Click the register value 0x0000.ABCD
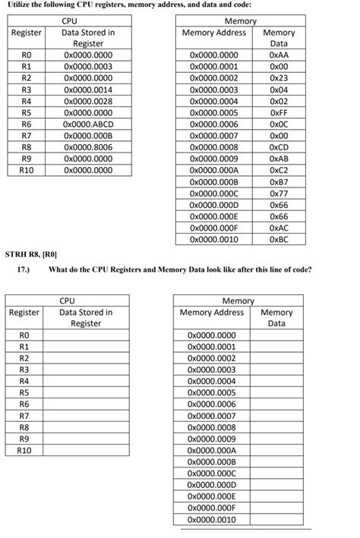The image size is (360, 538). [88, 124]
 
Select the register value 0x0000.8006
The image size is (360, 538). [88, 146]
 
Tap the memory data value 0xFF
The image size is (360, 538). [278, 112]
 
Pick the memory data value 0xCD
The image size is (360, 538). [279, 146]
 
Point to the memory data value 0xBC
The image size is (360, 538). [279, 239]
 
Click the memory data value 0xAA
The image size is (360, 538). [279, 55]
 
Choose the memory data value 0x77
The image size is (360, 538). [279, 193]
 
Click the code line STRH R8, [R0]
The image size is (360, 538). [31, 254]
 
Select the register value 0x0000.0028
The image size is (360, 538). [88, 101]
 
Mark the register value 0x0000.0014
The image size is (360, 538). [88, 90]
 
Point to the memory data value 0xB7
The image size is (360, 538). [279, 181]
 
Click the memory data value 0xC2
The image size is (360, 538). [279, 170]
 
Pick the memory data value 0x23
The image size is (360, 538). [279, 78]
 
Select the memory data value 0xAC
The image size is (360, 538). [279, 228]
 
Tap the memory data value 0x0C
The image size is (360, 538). [279, 124]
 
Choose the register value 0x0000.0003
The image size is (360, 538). [88, 67]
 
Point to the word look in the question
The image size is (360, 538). [210, 269]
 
